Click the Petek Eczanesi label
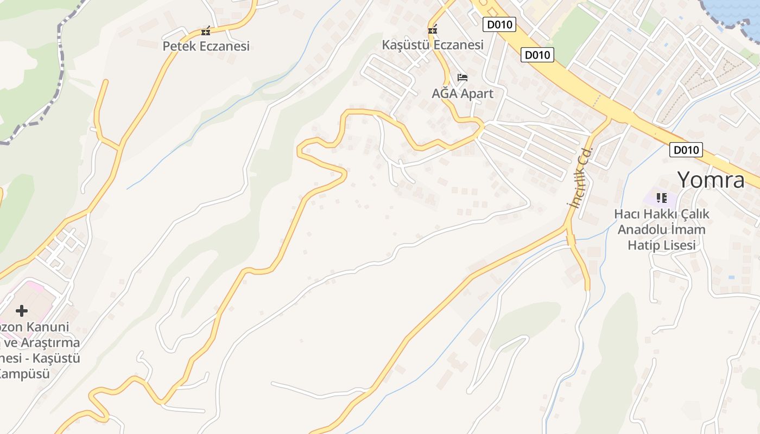[x=206, y=46]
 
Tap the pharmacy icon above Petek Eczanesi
[x=205, y=31]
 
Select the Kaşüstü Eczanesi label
[x=433, y=45]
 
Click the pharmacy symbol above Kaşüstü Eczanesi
[x=433, y=30]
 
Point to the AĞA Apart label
[x=463, y=93]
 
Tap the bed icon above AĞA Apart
[x=463, y=78]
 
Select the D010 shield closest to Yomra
[x=686, y=150]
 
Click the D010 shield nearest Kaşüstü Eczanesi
[x=499, y=24]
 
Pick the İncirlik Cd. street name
[x=579, y=176]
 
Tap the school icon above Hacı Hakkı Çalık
[x=661, y=198]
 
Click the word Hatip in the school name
[x=646, y=245]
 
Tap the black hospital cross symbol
[x=22, y=311]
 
